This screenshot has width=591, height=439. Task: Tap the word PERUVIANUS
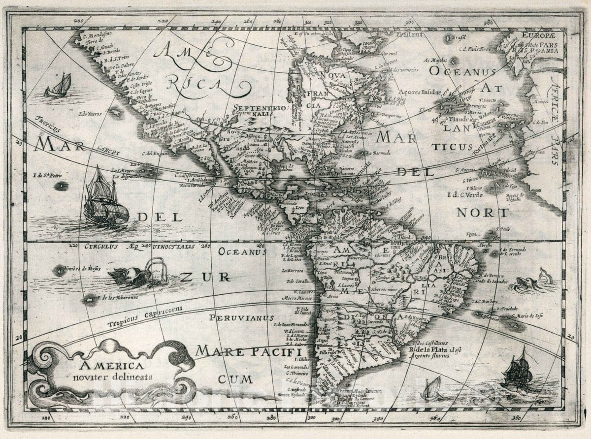coord(241,318)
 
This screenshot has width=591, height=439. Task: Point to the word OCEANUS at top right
coord(461,72)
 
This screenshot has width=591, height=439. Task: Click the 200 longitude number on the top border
coord(78,21)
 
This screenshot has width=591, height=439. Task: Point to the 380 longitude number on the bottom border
coord(516,418)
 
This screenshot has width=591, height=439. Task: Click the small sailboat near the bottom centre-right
coord(432,388)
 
